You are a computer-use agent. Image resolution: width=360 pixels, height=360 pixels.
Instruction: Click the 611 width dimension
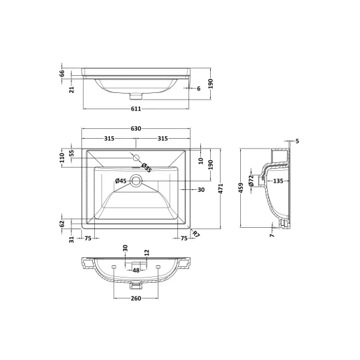136,109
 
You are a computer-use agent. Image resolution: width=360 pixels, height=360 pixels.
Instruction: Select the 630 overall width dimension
136,128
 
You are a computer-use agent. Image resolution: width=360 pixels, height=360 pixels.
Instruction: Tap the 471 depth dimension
221,189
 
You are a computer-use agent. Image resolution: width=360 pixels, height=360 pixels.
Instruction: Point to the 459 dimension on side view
241,188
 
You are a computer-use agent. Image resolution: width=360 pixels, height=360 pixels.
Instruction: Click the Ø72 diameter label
251,181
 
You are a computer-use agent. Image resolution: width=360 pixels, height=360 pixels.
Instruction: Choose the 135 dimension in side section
278,181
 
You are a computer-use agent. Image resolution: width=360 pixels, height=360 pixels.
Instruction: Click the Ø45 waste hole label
121,181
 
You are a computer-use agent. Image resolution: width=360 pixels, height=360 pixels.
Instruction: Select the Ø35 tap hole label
146,168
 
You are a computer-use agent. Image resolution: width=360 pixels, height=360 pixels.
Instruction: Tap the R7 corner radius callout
196,234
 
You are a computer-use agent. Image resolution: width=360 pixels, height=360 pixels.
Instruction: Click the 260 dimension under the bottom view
136,298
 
